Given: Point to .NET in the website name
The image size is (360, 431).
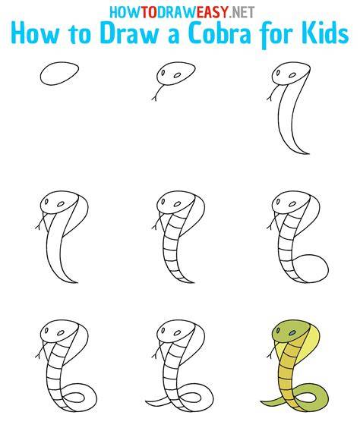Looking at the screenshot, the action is point(242,12).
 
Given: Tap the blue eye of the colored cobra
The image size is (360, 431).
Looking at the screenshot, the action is point(292,333).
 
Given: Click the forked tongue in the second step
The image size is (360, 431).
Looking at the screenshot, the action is point(157,93).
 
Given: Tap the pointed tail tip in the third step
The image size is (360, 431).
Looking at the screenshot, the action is point(308,153).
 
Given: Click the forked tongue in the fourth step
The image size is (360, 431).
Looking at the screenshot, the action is point(41,222).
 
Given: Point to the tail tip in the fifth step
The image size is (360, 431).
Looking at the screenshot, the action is point(192,282).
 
